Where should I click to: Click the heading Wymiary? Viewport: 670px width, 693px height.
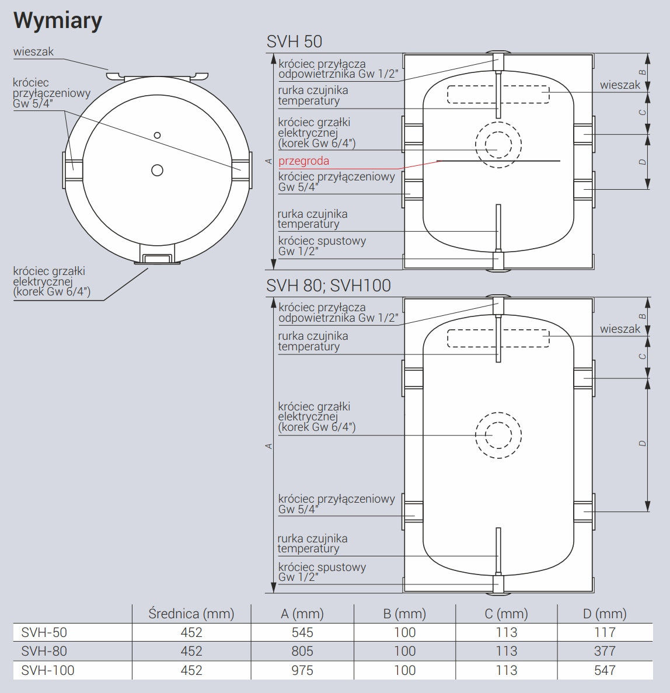click(57, 21)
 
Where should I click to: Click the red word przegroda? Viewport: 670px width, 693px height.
click(303, 161)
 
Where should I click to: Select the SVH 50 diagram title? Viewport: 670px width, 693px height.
click(294, 41)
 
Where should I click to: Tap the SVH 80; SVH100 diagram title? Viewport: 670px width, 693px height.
click(329, 285)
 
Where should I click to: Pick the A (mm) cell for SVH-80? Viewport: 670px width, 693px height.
click(302, 651)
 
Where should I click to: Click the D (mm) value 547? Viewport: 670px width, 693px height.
click(605, 670)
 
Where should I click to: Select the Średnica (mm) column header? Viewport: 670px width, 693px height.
click(191, 614)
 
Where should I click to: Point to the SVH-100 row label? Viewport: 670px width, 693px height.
click(48, 670)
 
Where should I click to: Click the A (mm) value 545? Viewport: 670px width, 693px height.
click(302, 632)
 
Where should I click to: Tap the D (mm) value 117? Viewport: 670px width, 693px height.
click(605, 632)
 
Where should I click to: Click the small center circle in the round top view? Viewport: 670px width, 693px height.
click(157, 135)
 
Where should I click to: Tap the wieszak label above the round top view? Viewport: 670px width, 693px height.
click(33, 52)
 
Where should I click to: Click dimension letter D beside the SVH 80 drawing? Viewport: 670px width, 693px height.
click(643, 443)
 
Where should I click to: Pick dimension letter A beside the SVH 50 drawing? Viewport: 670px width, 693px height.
click(268, 161)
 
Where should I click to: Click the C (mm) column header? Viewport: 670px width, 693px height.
click(506, 614)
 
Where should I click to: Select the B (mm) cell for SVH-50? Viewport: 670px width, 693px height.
click(405, 632)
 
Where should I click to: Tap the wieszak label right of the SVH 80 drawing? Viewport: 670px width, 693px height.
click(620, 329)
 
